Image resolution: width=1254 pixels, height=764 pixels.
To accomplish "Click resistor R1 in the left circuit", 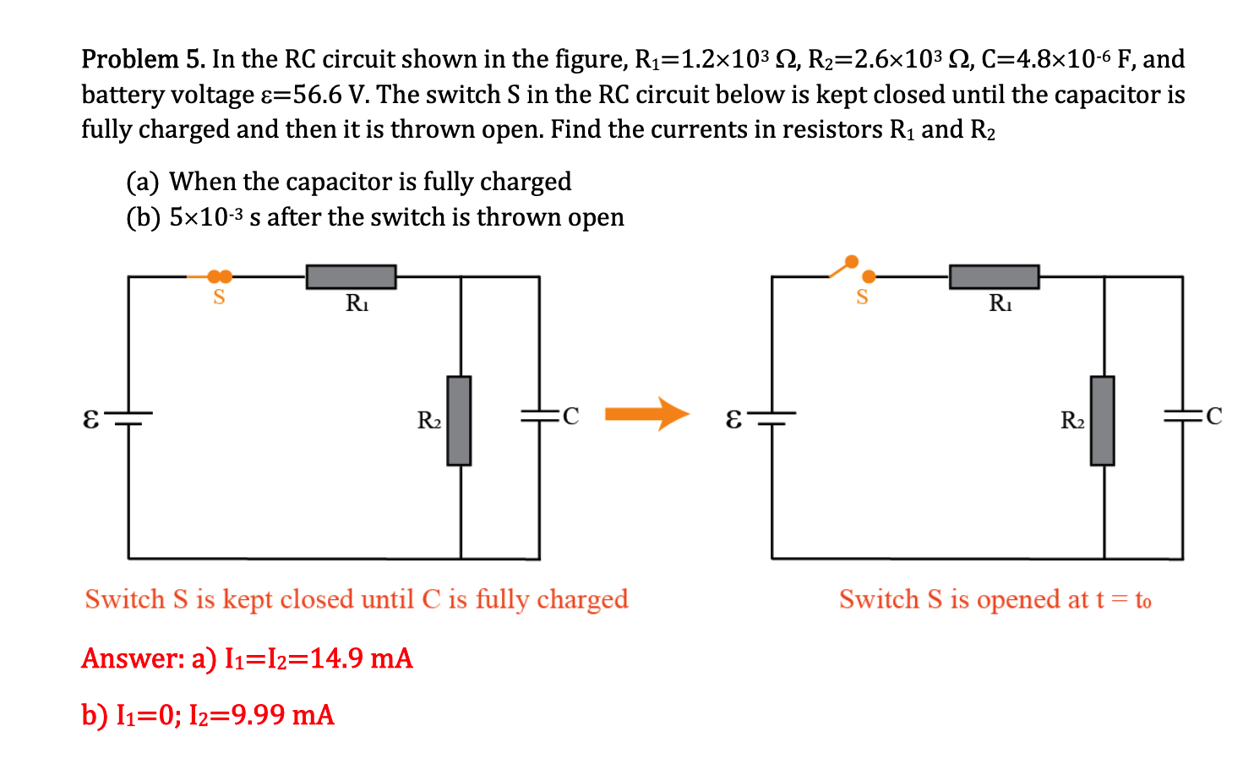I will click(x=351, y=276).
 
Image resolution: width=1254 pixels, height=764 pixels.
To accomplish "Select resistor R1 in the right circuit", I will click(x=994, y=276).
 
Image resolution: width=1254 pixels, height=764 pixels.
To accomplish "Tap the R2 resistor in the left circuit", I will click(x=459, y=420).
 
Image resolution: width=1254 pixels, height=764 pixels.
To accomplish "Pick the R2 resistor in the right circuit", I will click(x=1102, y=420).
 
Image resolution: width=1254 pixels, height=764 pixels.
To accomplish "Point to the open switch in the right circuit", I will click(x=853, y=269).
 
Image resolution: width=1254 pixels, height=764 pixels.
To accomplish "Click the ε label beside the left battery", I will click(x=90, y=417).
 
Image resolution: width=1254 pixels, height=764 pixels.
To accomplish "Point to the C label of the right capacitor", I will click(x=1213, y=416).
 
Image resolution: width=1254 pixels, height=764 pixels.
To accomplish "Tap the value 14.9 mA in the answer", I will click(x=361, y=658).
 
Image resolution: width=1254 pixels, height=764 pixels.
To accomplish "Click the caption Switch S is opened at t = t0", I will click(x=995, y=599).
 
